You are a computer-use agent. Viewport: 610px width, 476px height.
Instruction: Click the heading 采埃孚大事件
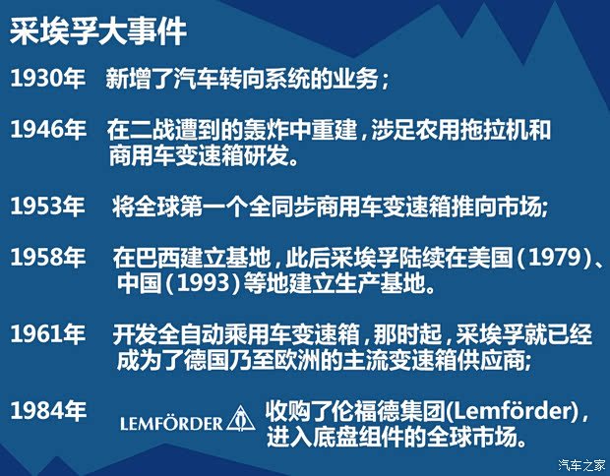[98, 30]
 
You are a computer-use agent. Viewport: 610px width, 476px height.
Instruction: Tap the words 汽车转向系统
[230, 80]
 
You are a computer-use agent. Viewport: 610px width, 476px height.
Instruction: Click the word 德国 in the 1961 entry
[228, 360]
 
